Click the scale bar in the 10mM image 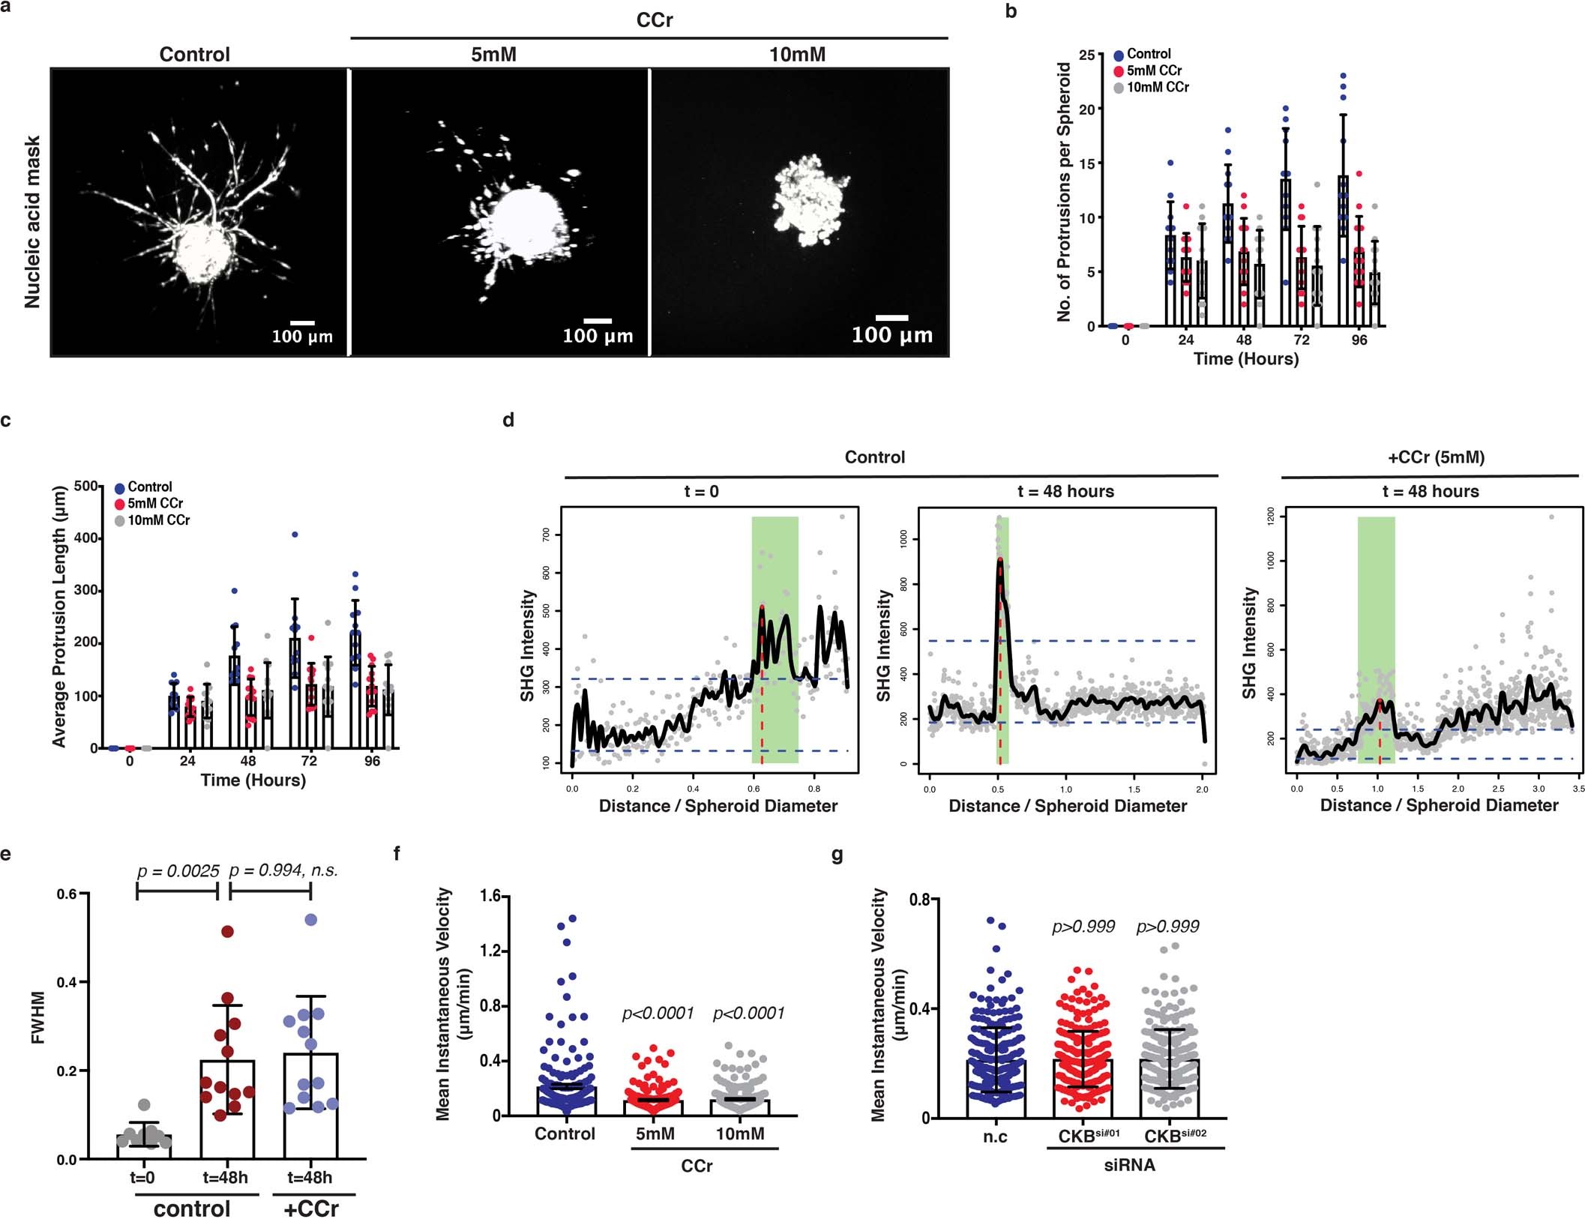click(x=892, y=318)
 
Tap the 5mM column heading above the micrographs click(x=493, y=55)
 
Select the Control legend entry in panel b click(x=1148, y=54)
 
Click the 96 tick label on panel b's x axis click(x=1359, y=340)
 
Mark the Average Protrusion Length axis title click(x=59, y=617)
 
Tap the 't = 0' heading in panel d click(x=701, y=492)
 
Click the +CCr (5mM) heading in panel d click(x=1436, y=457)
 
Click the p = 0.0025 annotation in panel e click(x=178, y=871)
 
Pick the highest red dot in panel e click(x=227, y=931)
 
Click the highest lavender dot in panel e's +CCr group click(x=310, y=919)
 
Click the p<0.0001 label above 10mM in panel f click(x=748, y=1014)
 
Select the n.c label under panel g click(x=995, y=1137)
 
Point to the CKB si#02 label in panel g click(x=1175, y=1136)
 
